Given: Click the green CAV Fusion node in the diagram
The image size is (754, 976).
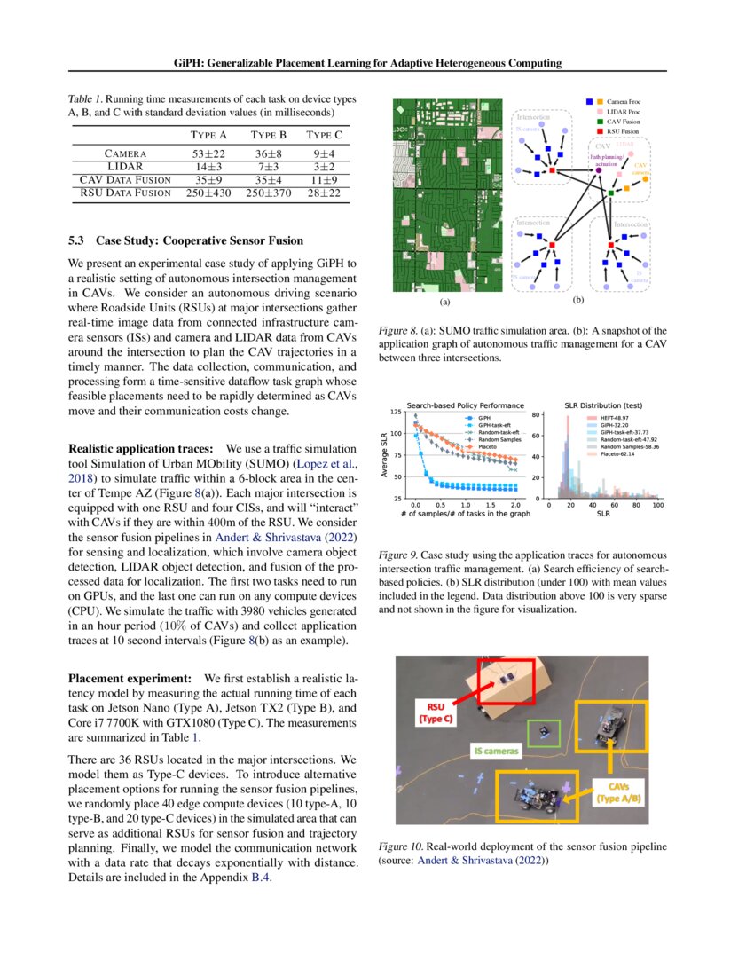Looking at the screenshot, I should pyautogui.click(x=611, y=193).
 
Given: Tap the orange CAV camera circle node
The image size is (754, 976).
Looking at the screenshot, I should pyautogui.click(x=645, y=179).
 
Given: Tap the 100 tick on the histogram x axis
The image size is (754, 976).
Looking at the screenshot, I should pyautogui.click(x=657, y=504).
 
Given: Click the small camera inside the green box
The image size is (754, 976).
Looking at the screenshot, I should pyautogui.click(x=542, y=732).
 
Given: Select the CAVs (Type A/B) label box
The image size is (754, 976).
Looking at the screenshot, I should pyautogui.click(x=626, y=792).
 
